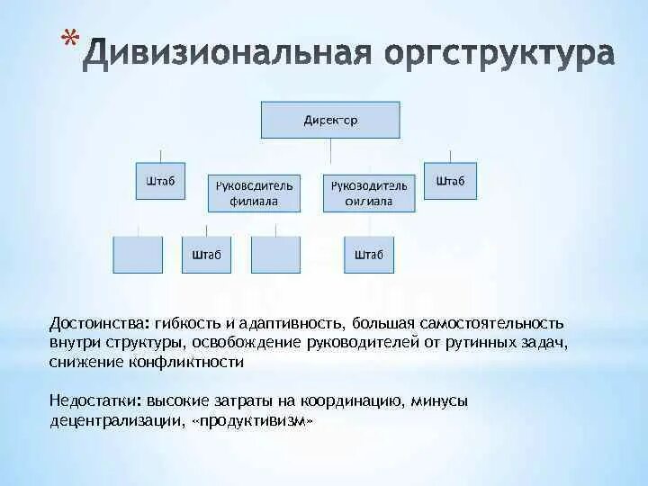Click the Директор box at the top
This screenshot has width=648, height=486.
(x=330, y=121)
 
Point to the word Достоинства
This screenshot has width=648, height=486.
(x=99, y=323)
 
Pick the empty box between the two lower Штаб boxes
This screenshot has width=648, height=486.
(x=275, y=255)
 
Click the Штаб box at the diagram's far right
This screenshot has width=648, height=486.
(x=450, y=181)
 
